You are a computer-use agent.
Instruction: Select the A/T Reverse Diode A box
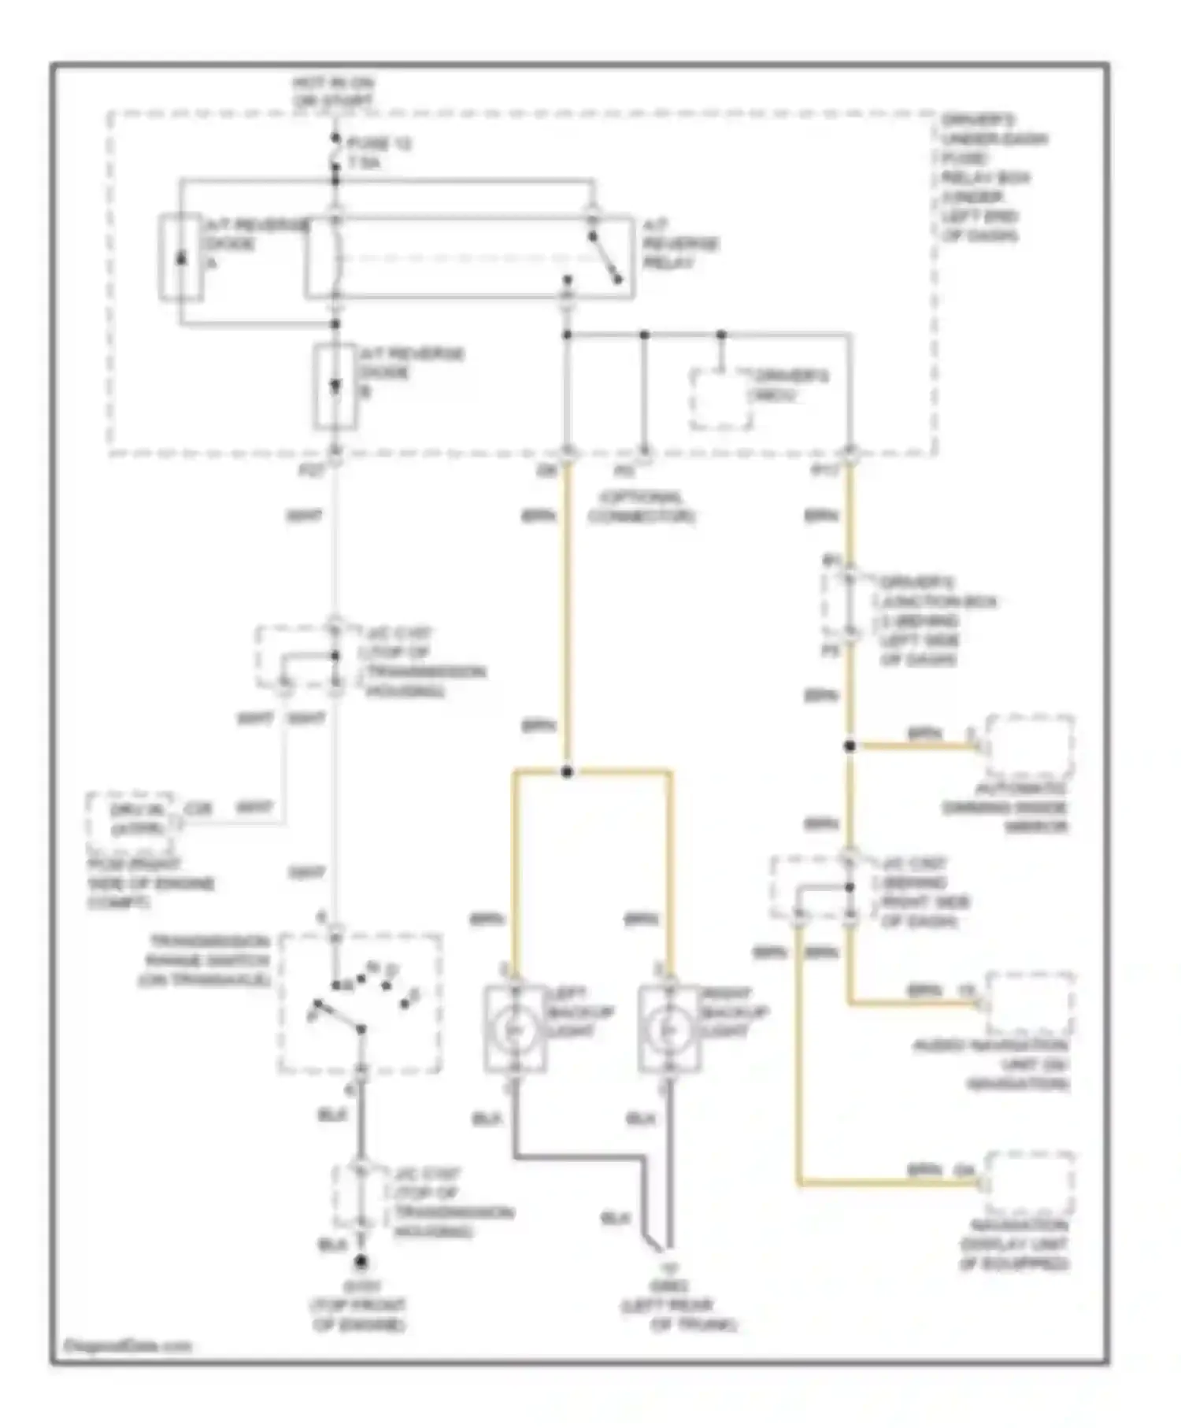tap(180, 257)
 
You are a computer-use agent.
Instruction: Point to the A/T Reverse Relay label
tap(679, 243)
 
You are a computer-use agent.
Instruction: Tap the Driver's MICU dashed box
tap(720, 399)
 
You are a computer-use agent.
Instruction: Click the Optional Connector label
tap(641, 507)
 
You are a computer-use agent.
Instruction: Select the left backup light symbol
tap(515, 1028)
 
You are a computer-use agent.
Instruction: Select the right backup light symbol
tap(668, 1028)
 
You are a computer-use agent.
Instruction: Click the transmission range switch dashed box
tap(360, 1003)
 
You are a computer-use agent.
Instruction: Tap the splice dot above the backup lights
tap(567, 771)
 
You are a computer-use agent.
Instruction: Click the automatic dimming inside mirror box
tap(1029, 746)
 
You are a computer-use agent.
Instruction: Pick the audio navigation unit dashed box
tap(1029, 1004)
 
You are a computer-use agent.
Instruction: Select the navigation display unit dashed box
tap(1029, 1183)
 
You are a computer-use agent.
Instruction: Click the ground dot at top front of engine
tap(361, 1263)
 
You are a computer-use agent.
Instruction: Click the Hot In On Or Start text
tap(332, 92)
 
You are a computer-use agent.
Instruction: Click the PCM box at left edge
tap(134, 822)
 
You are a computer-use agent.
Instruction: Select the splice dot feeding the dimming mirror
tap(850, 745)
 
